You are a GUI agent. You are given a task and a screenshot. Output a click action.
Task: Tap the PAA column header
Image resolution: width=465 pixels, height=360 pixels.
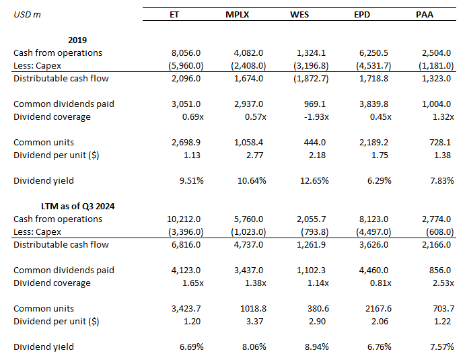click(x=425, y=15)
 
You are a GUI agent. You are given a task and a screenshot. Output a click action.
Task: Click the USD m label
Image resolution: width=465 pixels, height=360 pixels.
click(x=27, y=15)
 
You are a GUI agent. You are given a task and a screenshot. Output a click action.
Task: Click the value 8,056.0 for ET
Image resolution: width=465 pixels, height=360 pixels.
click(x=186, y=52)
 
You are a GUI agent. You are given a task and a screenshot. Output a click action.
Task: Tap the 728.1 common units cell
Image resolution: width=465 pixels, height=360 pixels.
click(x=443, y=143)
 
